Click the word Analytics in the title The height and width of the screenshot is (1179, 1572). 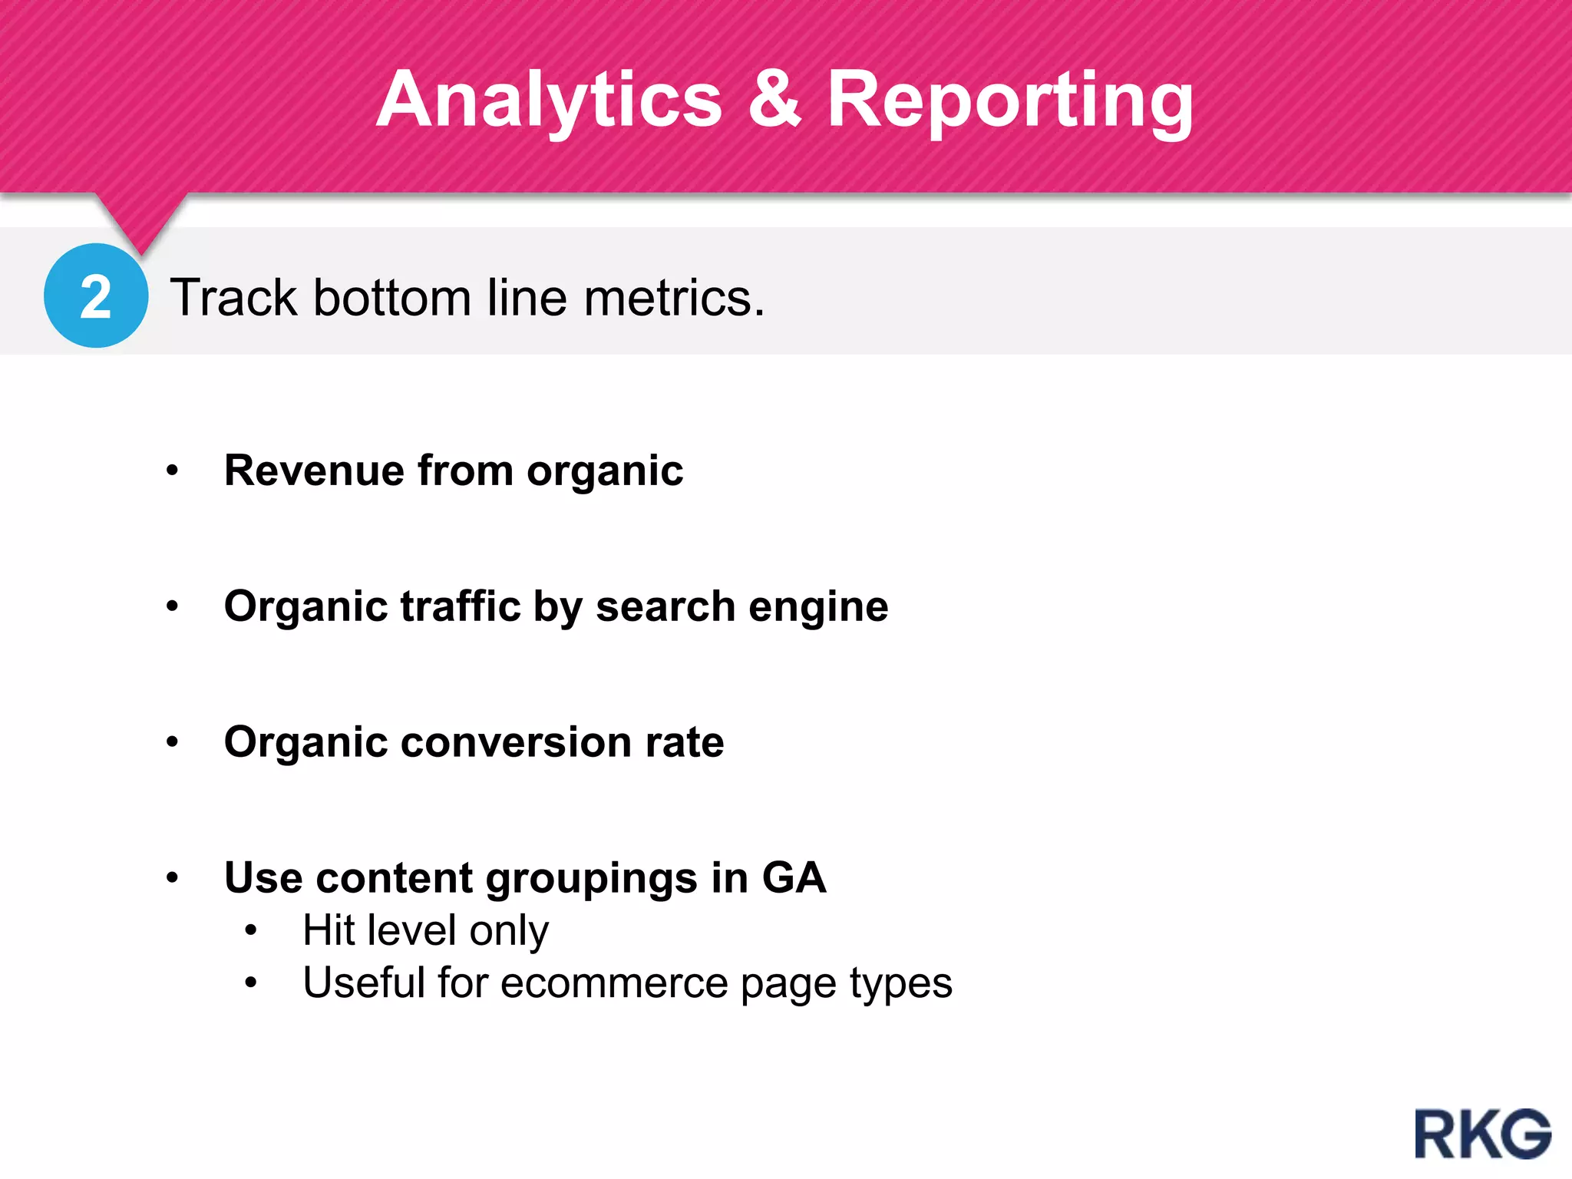550,100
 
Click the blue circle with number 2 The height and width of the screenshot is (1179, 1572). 96,296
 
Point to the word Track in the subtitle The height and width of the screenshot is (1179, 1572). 233,298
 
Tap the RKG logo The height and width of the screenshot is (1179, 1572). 1482,1134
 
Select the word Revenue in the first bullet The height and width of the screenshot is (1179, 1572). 314,471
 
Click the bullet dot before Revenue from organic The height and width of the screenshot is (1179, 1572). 173,471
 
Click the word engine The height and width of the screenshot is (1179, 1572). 818,608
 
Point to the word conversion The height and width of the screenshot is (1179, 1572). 517,742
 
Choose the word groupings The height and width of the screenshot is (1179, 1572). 591,879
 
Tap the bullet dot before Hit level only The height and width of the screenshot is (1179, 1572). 251,931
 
